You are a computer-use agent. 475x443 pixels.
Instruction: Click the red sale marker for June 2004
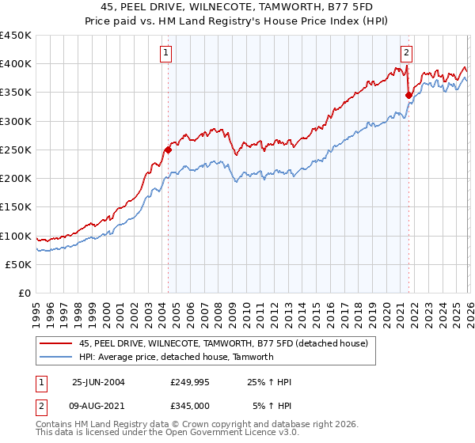(168, 150)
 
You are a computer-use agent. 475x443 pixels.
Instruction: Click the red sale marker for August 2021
(408, 95)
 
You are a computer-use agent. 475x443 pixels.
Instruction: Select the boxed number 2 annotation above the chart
(406, 53)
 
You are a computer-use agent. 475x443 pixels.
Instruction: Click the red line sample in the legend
(56, 344)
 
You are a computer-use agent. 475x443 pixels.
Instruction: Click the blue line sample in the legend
(56, 357)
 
